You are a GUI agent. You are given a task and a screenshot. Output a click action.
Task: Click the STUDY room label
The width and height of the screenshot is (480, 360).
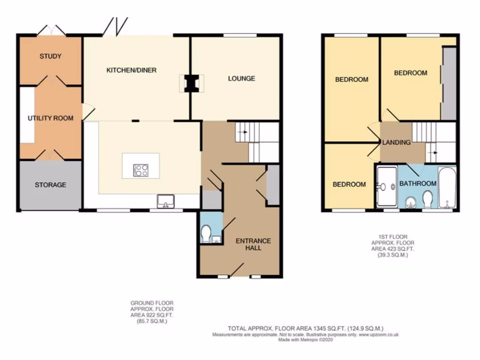click(50, 57)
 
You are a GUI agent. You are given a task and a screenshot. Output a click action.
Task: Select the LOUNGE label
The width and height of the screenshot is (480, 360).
click(241, 78)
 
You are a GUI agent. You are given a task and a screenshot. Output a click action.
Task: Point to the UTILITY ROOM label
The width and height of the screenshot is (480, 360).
click(50, 118)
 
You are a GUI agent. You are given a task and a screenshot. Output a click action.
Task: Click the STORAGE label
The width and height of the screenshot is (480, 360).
click(50, 185)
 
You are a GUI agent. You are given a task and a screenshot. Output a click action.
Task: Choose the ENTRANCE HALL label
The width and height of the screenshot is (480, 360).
click(253, 244)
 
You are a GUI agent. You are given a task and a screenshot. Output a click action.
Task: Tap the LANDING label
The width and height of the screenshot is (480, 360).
click(396, 142)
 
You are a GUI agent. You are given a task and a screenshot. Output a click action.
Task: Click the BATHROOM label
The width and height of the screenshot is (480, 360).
click(417, 184)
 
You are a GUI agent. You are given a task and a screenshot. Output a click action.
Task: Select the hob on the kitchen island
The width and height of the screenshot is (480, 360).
click(141, 170)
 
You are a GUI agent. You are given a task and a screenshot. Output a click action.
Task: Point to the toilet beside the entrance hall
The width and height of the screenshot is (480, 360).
click(206, 232)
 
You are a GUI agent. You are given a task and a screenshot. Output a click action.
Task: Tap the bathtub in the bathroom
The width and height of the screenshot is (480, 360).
click(447, 188)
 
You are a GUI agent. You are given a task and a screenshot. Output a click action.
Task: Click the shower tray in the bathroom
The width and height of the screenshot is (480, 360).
click(387, 187)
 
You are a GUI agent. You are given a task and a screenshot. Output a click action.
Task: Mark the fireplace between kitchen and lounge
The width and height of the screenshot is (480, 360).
click(190, 83)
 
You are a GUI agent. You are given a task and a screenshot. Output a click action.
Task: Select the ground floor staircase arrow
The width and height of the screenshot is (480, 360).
click(242, 133)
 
